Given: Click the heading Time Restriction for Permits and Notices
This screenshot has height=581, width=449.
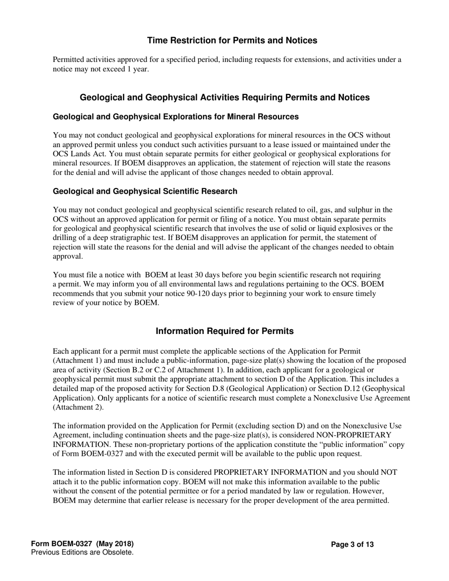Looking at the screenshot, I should tap(232, 41).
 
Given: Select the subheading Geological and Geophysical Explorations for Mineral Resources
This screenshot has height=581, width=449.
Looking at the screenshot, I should tap(176, 117).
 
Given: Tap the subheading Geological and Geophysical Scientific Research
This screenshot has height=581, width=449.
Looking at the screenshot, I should tap(145, 191).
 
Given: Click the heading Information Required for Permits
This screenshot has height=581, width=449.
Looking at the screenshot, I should tap(224, 331).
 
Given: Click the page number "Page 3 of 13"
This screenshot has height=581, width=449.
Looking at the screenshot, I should tap(352, 545).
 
